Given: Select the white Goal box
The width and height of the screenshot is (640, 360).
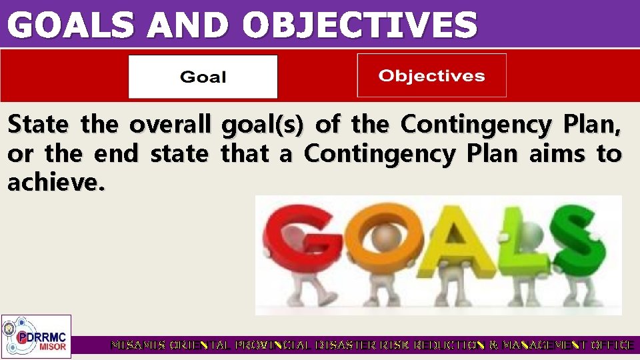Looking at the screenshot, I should [203, 77].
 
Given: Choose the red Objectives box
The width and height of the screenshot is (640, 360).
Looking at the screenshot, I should [431, 75].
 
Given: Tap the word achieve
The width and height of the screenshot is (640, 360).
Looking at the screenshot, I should [56, 183].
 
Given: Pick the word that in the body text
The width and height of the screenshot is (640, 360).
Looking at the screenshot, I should [247, 154].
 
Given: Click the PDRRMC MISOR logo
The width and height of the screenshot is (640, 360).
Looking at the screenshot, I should [36, 336].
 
